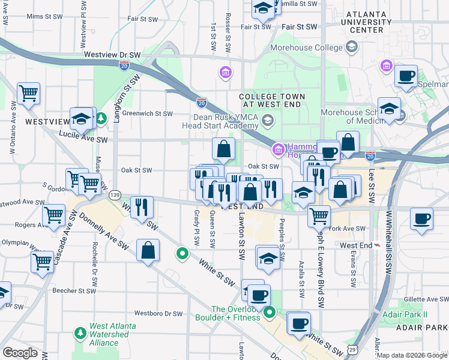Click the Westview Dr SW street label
(x=112, y=55)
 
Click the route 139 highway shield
(x=115, y=194)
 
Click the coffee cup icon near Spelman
(x=406, y=77)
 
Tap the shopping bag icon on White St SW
(x=148, y=251)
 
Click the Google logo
(x=20, y=352)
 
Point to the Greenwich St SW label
(x=147, y=113)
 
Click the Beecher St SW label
(x=74, y=290)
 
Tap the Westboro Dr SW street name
(x=158, y=313)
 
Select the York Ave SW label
(x=347, y=229)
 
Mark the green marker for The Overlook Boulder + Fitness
(x=270, y=312)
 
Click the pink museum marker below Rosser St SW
(x=226, y=73)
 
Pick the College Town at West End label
(x=272, y=101)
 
